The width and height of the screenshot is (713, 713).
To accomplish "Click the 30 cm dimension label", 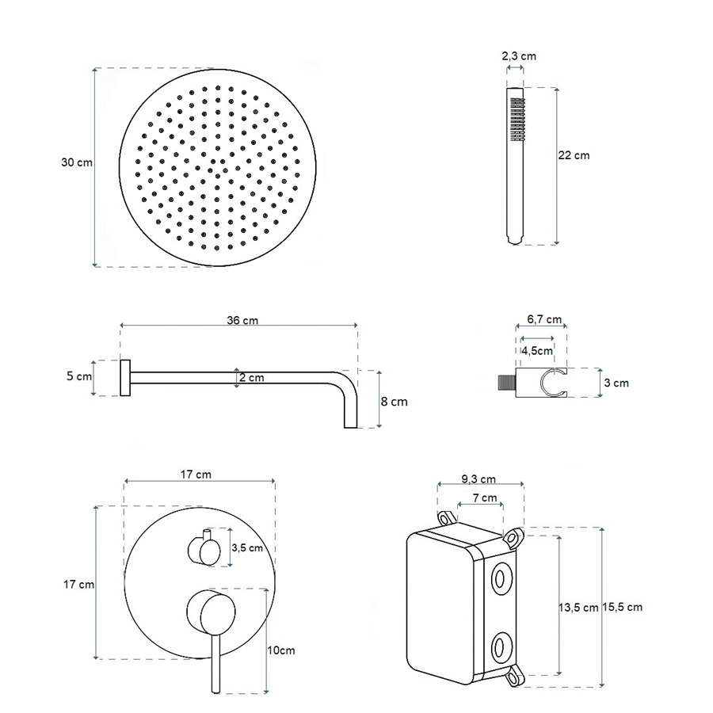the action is [x=77, y=162].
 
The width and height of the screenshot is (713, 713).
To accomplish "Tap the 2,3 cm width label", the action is [x=519, y=56].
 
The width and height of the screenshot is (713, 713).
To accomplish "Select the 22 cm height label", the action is [x=574, y=155].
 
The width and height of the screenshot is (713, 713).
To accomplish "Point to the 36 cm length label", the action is [x=242, y=320].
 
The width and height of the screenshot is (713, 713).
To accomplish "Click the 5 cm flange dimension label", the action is [x=79, y=376].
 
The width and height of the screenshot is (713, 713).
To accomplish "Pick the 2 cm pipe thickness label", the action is [x=252, y=377].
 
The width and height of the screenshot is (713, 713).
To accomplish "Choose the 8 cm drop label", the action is [x=395, y=402].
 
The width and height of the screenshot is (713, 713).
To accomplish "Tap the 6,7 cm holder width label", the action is [x=544, y=319].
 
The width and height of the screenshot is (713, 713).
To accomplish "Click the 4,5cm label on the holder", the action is [x=537, y=351].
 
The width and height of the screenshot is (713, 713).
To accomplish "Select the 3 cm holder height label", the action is [x=616, y=383].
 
